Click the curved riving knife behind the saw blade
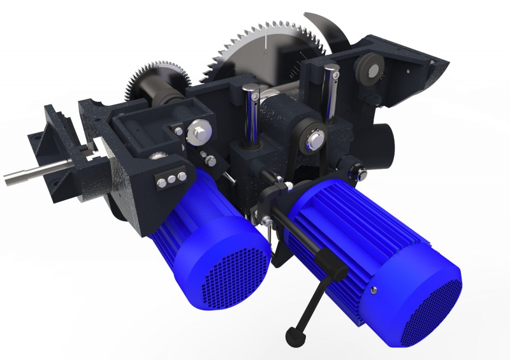point(325,29)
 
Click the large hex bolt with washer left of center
point(198,133)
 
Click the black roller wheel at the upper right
point(368,71)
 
